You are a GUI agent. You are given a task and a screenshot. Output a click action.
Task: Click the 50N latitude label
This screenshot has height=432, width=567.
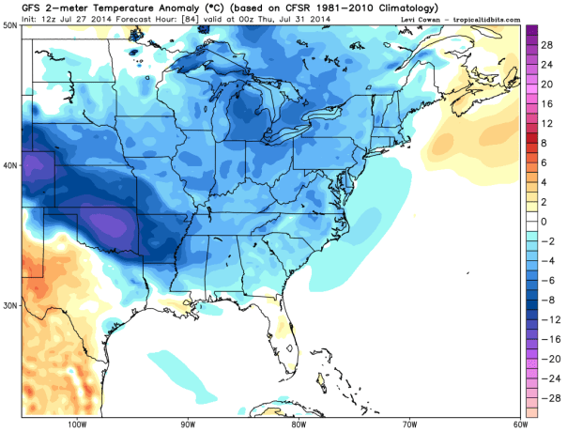10,25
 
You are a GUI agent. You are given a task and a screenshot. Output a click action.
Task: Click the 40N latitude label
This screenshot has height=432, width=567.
10,165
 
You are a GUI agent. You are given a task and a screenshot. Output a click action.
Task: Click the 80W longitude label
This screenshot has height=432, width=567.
299,424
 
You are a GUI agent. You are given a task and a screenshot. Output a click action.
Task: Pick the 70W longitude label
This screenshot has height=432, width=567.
408,424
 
